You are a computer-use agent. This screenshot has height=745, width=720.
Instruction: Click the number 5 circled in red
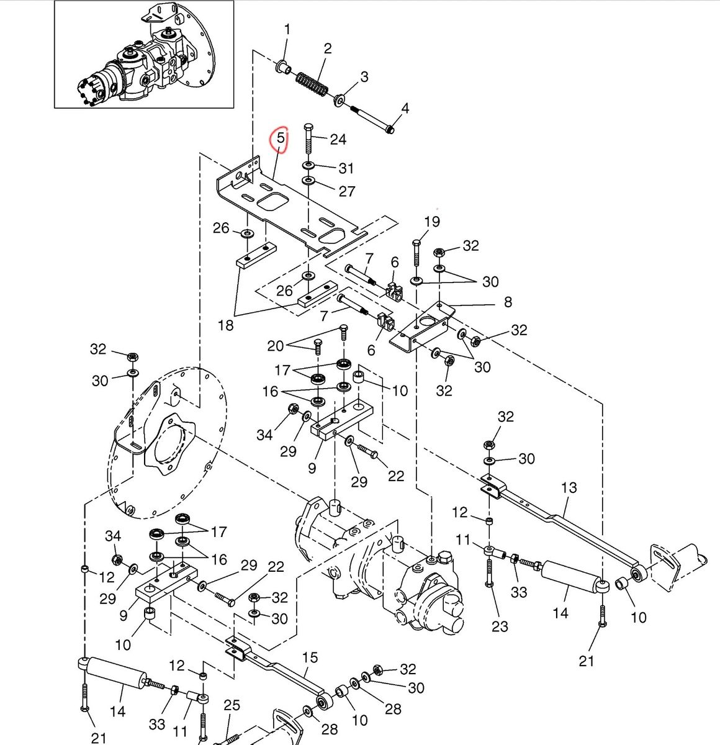coord(281,138)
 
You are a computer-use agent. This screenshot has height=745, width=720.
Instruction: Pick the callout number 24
coord(338,139)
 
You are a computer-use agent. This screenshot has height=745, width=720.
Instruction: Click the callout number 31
coord(346,168)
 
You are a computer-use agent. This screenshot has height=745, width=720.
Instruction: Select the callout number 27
coord(347,191)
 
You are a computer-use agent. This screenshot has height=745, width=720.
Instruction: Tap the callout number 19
coord(432,222)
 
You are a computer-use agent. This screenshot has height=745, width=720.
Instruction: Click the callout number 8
coord(508,302)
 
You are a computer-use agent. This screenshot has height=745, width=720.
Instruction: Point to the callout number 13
coord(569,488)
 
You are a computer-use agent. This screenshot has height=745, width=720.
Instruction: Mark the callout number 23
coord(500,626)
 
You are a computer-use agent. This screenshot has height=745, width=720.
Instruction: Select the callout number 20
coord(275,346)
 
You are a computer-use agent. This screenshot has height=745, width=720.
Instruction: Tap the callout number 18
coord(225,325)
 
